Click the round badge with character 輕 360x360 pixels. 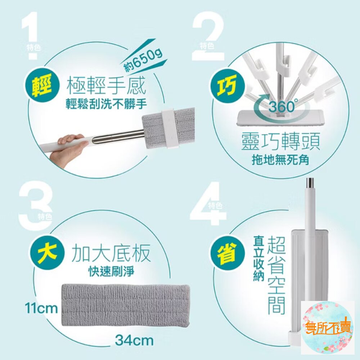click(43, 86)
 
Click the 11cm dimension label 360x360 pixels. click(41, 309)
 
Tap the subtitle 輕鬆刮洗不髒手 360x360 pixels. click(106, 104)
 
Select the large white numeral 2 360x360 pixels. click(208, 36)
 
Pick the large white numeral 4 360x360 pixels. click(208, 204)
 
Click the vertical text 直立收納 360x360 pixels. click(258, 258)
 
